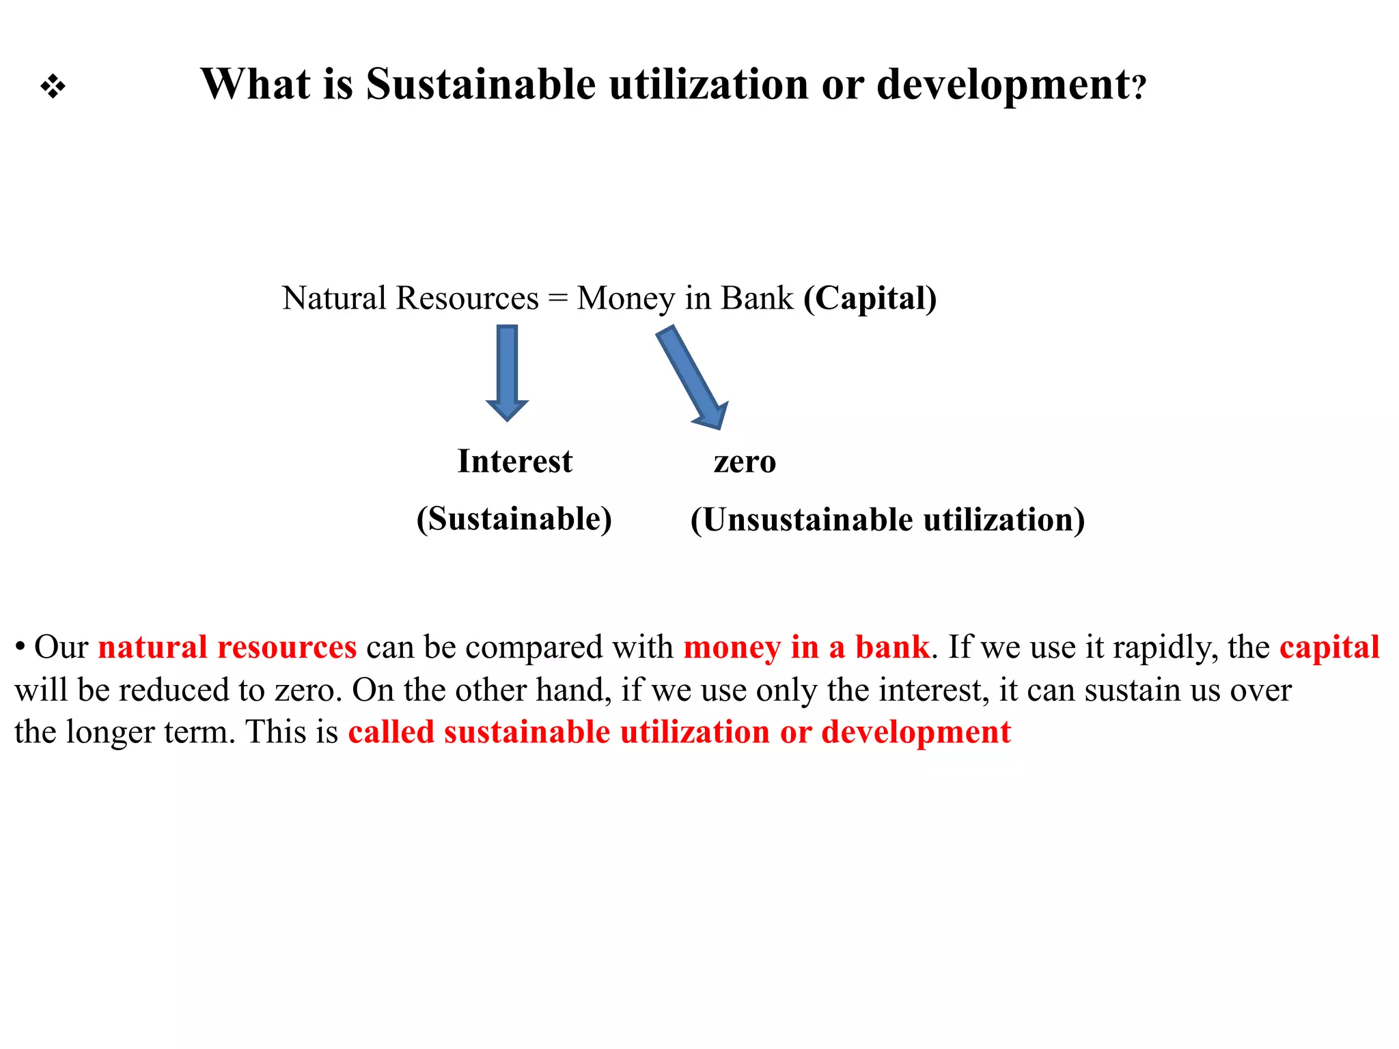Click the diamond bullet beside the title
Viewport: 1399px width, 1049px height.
(53, 87)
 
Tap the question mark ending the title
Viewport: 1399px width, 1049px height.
(1138, 89)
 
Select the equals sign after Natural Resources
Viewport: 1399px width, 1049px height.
(557, 299)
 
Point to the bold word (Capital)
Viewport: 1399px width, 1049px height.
(870, 298)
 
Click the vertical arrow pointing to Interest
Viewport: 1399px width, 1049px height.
(507, 372)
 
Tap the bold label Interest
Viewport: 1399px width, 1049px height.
(514, 462)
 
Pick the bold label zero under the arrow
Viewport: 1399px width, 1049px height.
(745, 462)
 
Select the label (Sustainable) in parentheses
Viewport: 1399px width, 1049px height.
(514, 519)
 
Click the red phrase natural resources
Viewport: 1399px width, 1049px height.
(227, 647)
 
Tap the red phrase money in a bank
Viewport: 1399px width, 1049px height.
(806, 647)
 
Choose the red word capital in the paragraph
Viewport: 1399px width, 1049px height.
(1329, 647)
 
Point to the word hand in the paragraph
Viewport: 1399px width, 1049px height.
(573, 690)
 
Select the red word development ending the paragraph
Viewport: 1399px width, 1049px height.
(915, 732)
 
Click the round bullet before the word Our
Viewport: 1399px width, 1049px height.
(20, 646)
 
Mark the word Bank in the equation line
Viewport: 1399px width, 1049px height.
(757, 298)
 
